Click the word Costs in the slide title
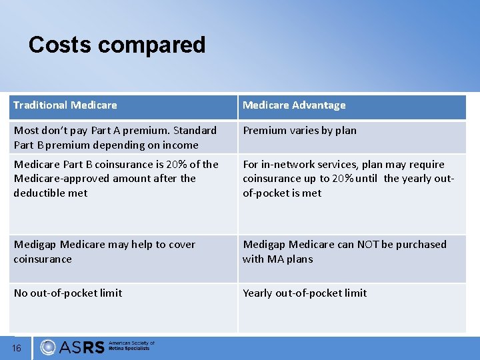(x=61, y=45)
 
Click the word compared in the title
(x=153, y=46)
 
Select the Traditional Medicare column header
(x=65, y=105)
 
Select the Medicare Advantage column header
(x=294, y=105)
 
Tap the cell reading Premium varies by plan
(x=299, y=131)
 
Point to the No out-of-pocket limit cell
(x=68, y=293)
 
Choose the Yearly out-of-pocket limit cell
(x=305, y=293)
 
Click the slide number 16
(x=17, y=348)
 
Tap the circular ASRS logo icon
(x=48, y=347)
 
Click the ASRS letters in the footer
(x=82, y=347)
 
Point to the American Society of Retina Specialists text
(x=131, y=347)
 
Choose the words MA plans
(x=289, y=259)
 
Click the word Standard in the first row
(x=195, y=131)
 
